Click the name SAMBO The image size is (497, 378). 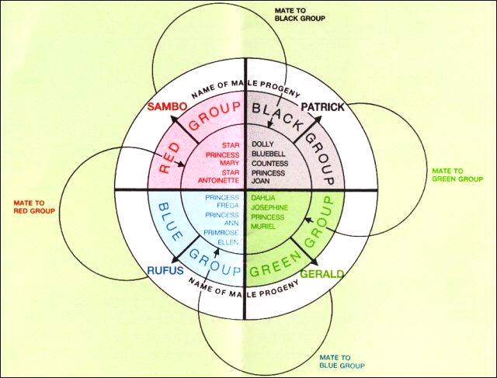(x=167, y=106)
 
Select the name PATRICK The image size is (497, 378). (x=322, y=107)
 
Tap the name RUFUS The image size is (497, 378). (x=165, y=270)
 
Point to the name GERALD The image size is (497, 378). (x=321, y=274)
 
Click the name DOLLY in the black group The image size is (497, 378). (x=262, y=144)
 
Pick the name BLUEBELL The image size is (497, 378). (x=269, y=154)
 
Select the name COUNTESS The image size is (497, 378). (x=269, y=164)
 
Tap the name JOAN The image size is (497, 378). (x=261, y=181)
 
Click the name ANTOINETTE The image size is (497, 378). (x=219, y=180)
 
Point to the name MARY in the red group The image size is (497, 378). (x=231, y=163)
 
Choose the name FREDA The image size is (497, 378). (x=228, y=206)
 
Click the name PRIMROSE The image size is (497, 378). (x=221, y=233)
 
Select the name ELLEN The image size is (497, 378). (x=228, y=242)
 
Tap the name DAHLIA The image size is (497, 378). (x=263, y=198)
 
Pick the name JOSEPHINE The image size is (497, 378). (x=269, y=207)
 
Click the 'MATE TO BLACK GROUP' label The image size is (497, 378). (x=300, y=15)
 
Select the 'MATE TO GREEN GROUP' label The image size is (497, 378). (x=457, y=175)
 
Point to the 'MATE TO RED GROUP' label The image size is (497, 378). (x=34, y=207)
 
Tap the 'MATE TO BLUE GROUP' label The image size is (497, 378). (x=342, y=362)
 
